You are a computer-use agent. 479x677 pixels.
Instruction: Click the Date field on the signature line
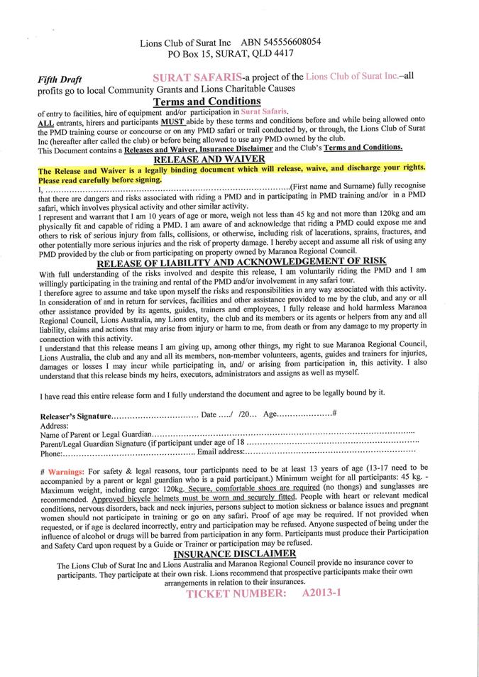pyautogui.click(x=210, y=414)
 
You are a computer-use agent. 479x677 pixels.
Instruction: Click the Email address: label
pyautogui.click(x=221, y=452)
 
